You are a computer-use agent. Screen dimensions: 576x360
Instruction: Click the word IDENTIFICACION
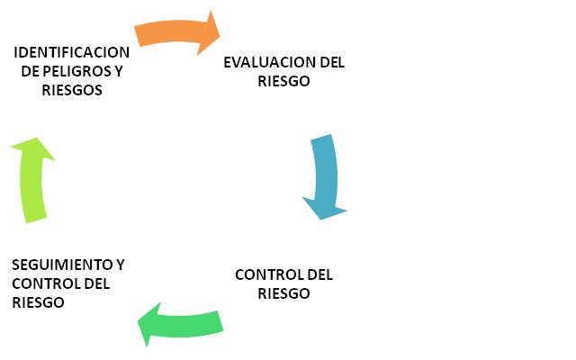[x=72, y=52]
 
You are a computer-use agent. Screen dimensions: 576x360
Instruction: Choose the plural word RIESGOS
[x=72, y=90]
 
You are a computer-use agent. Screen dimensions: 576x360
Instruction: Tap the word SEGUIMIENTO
[x=61, y=265]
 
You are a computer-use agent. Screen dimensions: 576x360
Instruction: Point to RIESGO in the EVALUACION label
[x=283, y=81]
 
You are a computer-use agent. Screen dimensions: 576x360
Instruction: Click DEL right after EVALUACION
[x=332, y=62]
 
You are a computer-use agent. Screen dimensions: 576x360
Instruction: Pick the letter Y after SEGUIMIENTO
[x=120, y=265]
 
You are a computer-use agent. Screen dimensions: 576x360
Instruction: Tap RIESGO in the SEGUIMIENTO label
[x=39, y=302]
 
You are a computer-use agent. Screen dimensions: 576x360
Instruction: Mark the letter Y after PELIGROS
[x=118, y=71]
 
